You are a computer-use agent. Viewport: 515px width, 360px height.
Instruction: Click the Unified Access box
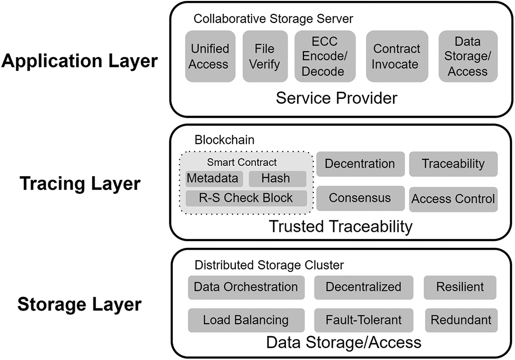point(210,56)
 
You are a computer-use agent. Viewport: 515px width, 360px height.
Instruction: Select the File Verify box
point(264,56)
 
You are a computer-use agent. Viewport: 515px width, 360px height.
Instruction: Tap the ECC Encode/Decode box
point(325,56)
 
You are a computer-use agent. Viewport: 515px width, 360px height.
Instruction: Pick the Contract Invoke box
point(397,56)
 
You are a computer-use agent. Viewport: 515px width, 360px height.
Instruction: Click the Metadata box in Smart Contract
point(213,178)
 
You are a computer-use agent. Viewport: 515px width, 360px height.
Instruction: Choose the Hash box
point(277,178)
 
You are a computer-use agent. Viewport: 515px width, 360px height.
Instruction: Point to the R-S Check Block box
point(246,198)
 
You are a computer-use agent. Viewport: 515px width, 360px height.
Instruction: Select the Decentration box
point(360,164)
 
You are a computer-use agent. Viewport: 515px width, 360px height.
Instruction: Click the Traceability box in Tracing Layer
point(453,164)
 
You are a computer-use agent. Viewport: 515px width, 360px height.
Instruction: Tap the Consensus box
point(360,198)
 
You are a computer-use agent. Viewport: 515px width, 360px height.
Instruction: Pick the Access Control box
point(453,199)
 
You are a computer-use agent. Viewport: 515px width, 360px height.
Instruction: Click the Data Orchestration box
point(246,287)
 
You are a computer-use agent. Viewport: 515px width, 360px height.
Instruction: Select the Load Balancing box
point(246,320)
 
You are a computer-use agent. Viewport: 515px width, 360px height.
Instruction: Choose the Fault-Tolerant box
point(364,320)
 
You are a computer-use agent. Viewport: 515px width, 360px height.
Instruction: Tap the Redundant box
point(460,320)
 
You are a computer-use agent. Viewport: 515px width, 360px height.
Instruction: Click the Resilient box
point(460,287)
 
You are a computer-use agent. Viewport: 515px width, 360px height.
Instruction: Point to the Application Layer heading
point(79,61)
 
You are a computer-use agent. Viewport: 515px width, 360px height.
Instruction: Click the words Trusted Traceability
point(341,227)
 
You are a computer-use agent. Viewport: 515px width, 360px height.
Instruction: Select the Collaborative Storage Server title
point(274,19)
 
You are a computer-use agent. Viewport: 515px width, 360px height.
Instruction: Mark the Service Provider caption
point(336,98)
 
